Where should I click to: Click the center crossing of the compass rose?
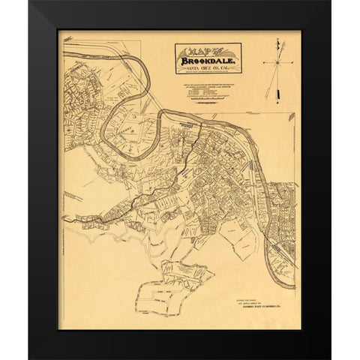[277, 63]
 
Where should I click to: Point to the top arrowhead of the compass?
[277, 40]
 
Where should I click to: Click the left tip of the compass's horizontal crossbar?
[263, 63]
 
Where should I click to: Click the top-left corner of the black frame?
[30, 2]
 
